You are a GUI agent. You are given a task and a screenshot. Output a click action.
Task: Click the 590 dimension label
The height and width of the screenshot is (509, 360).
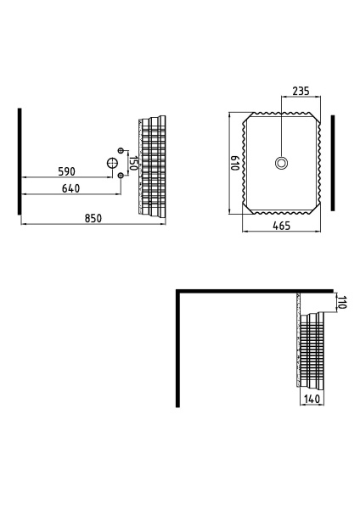pos(66,171)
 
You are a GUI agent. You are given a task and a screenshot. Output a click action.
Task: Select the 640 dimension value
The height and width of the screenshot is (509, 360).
pos(70,188)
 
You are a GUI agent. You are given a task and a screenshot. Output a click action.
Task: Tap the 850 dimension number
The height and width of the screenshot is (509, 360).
pos(93,218)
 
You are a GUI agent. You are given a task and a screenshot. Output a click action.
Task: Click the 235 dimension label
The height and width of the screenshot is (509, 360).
pos(301,92)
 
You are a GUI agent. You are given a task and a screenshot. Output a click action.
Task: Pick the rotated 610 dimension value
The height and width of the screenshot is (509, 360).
pos(234,163)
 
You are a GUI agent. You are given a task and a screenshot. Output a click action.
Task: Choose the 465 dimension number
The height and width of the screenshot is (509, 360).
pos(281,226)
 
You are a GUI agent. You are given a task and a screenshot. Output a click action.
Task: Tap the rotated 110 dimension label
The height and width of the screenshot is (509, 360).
pos(343,302)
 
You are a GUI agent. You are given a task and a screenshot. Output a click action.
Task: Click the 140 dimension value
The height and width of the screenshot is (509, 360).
pos(312,399)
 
